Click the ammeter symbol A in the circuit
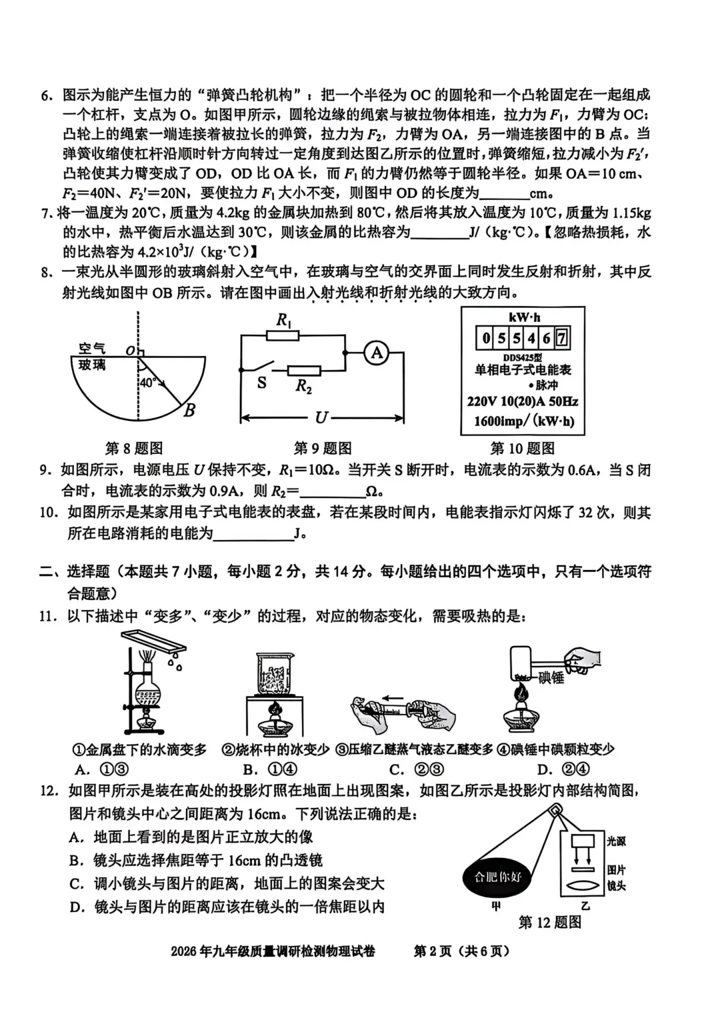[377, 353]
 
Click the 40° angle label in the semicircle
[147, 383]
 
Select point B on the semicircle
[189, 410]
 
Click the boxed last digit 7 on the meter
[561, 338]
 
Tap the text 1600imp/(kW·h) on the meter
[523, 421]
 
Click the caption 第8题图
[134, 448]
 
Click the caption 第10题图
[522, 448]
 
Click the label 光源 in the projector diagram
[616, 841]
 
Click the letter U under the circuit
[321, 417]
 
